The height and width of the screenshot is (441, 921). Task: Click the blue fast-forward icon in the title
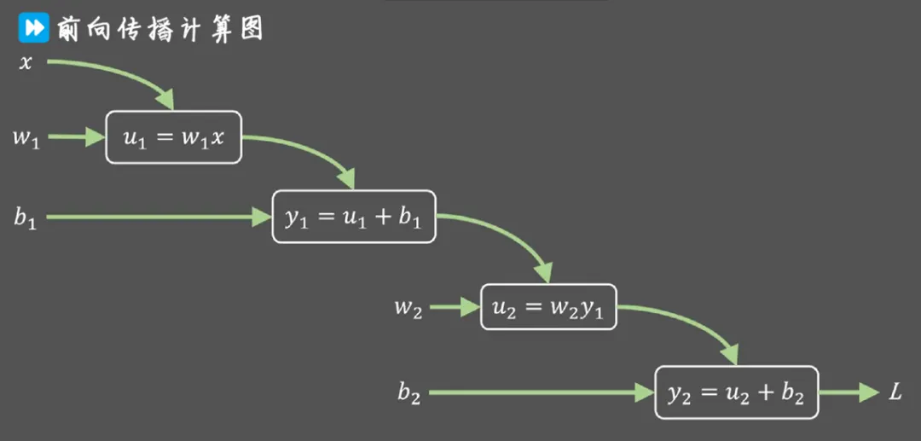32,28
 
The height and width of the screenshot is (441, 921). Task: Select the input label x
26,62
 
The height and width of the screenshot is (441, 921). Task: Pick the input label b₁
25,218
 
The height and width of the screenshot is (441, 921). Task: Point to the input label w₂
408,308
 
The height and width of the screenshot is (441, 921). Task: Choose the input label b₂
409,393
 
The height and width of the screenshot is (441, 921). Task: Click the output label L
895,393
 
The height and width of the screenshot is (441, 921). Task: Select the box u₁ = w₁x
174,137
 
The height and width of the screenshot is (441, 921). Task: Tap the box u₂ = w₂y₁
549,308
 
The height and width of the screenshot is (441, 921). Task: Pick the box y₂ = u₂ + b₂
736,393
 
